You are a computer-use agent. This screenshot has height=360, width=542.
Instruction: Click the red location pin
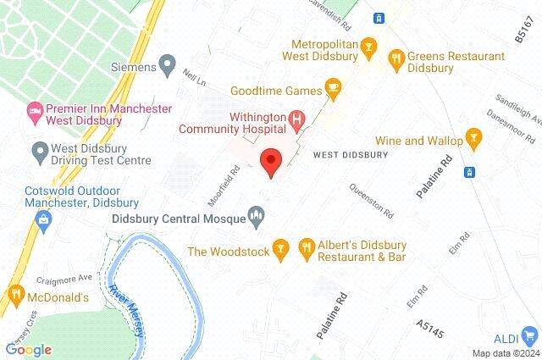coord(271,161)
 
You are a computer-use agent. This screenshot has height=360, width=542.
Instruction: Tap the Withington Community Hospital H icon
coord(296,121)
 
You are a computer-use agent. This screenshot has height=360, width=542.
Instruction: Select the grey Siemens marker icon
coord(168,64)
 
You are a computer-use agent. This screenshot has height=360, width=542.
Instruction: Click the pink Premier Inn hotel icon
coord(35,109)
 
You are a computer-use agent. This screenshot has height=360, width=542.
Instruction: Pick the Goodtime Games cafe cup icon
coord(334,89)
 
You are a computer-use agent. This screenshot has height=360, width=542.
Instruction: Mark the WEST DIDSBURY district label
coord(351,155)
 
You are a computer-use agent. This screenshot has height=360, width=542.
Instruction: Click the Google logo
coord(28,349)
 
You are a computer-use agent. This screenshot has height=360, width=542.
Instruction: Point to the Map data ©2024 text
coord(505,353)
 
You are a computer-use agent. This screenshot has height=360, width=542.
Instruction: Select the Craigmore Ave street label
coord(64,280)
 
